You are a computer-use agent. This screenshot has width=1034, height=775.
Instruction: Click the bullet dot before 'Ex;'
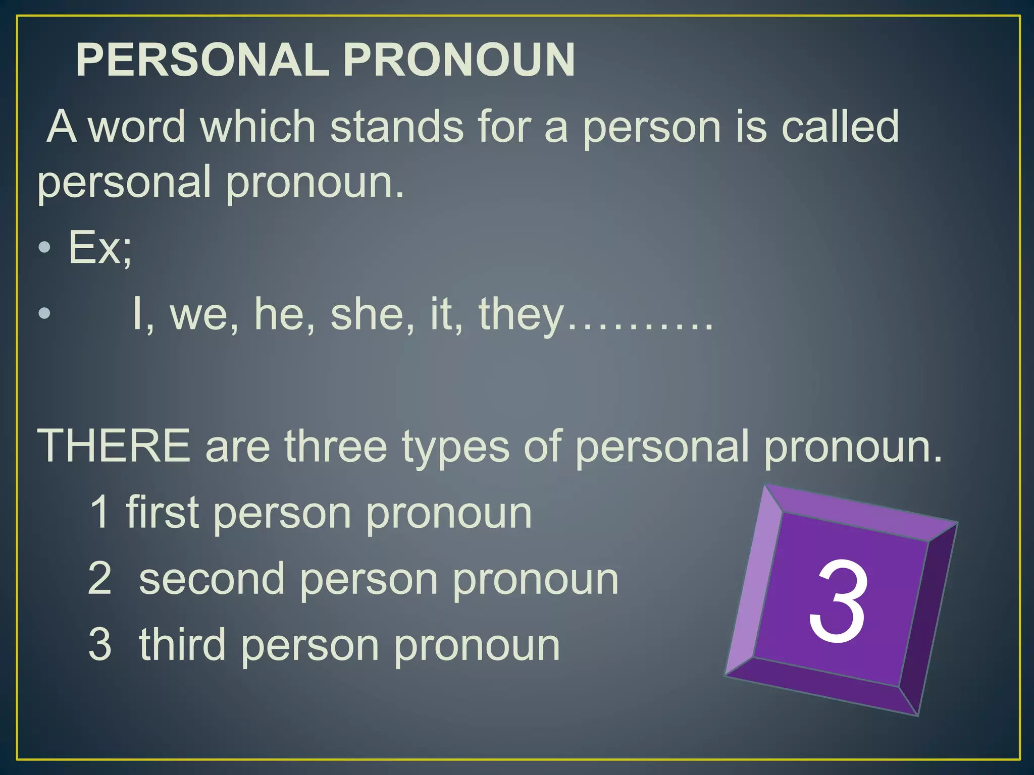click(x=45, y=247)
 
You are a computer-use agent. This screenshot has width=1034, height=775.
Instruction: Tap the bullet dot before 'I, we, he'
click(x=45, y=313)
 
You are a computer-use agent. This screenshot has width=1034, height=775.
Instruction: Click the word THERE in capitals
click(x=114, y=446)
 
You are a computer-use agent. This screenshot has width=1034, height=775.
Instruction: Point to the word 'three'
click(x=336, y=446)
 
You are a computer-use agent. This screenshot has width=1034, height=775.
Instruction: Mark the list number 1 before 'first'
click(x=100, y=512)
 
